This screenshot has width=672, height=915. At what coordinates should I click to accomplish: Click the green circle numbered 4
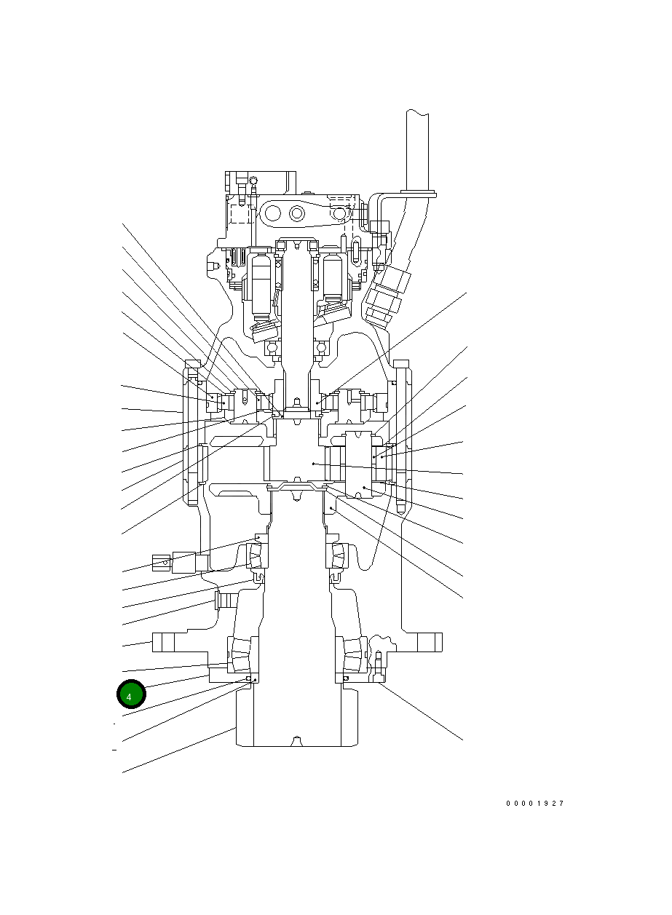pos(131,695)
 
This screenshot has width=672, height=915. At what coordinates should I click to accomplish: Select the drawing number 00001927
pos(535,804)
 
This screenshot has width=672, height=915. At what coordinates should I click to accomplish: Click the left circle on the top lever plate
pos(273,213)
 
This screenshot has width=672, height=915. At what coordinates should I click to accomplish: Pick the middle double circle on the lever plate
pos(297,213)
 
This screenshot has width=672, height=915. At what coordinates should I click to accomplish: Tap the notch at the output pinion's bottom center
pos(296,742)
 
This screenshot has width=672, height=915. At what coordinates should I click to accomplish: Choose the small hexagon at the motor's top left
pos(253,181)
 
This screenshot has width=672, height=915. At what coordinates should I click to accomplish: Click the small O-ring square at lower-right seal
pos(346,678)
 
